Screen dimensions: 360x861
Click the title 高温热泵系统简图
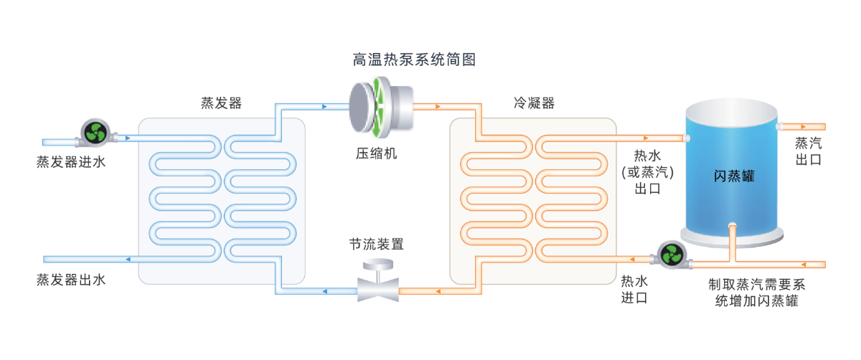click(x=414, y=60)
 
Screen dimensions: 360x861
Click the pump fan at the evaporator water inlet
click(x=95, y=132)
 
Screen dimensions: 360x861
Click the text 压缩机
click(x=377, y=153)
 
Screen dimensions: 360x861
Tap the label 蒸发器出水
click(x=71, y=280)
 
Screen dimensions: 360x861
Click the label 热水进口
click(x=634, y=289)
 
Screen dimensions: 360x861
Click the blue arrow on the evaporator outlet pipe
click(x=127, y=259)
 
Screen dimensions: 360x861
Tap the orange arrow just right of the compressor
click(x=437, y=108)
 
